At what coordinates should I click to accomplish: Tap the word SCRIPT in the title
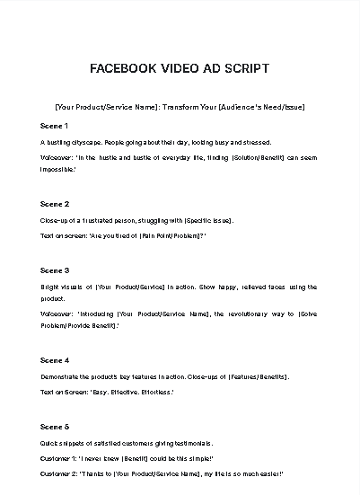tap(245, 68)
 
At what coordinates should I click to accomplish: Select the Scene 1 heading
tap(55, 126)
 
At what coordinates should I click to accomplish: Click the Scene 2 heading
tap(55, 204)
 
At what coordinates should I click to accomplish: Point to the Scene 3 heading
tap(55, 270)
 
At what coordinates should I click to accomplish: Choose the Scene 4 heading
tap(55, 360)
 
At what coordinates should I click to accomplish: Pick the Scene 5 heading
tap(55, 426)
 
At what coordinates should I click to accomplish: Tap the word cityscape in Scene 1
tap(83, 142)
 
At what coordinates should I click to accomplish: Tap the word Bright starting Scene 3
tap(50, 287)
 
